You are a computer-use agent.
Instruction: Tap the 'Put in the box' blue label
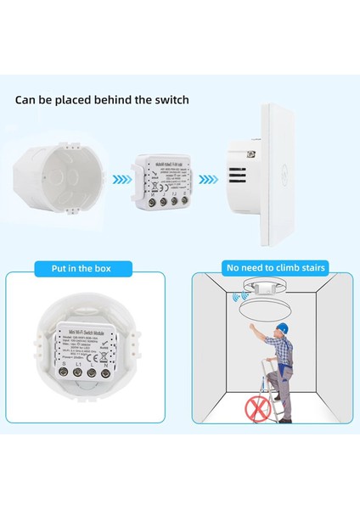pyautogui.click(x=83, y=268)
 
